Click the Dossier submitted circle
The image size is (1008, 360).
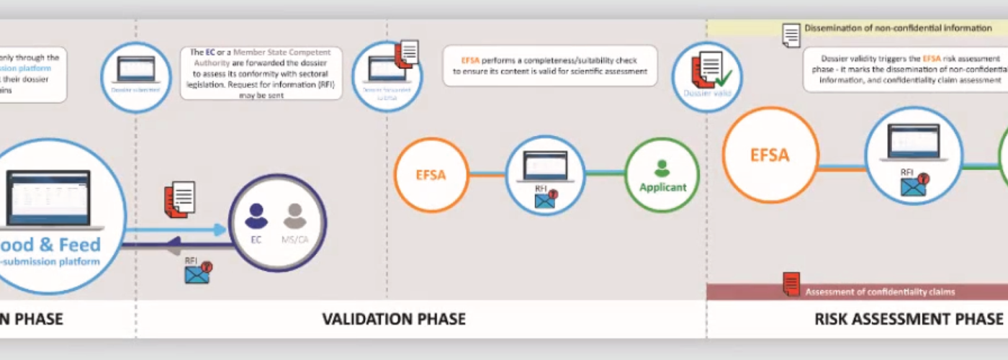[x=135, y=78]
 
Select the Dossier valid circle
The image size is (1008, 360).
[x=706, y=77]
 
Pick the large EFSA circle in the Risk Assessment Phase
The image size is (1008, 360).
[x=770, y=155]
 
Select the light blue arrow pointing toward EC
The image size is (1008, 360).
[x=177, y=230]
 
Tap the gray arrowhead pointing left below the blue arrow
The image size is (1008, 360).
[x=173, y=250]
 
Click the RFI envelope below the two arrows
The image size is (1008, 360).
[x=197, y=273]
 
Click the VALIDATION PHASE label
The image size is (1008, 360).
[x=393, y=318]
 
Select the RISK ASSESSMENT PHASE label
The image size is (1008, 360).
[x=909, y=318]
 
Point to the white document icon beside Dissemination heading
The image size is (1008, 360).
[x=791, y=34]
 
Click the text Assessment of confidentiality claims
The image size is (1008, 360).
[x=880, y=292]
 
